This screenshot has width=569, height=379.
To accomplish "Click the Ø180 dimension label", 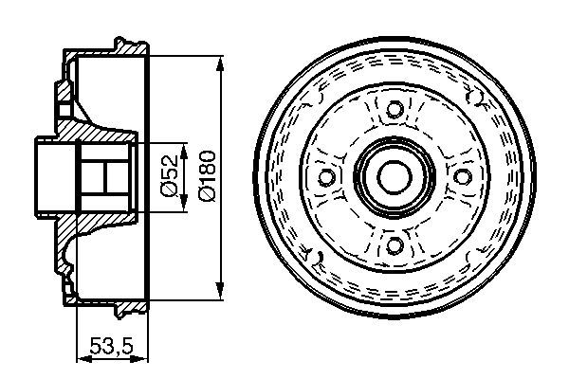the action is pos(208,176).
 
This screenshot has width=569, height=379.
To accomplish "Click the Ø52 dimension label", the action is pos(171,176).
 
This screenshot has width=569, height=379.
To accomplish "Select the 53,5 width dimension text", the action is pos(112,346).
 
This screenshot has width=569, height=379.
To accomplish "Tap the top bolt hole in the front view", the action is pos(395,108).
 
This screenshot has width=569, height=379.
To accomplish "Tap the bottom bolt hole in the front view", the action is pos(395,244).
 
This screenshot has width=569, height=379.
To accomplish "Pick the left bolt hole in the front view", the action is pos(326,176).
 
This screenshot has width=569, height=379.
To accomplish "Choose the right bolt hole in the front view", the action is pos(463,176).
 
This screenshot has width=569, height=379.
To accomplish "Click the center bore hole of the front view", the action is pos(395,177).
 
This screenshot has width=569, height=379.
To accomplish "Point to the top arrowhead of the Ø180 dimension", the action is pos(219,64).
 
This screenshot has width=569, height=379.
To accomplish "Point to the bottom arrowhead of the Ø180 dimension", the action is pos(219,292).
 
